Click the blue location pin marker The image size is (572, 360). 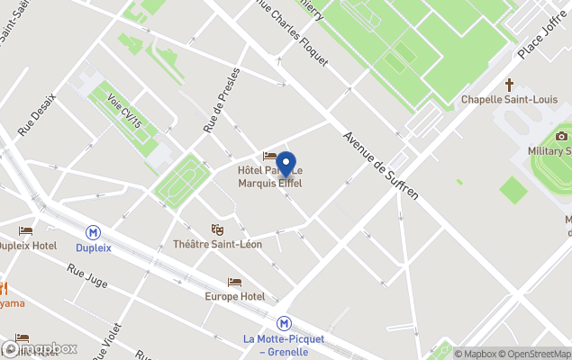tap(286, 165)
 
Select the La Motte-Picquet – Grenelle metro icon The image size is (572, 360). tap(283, 323)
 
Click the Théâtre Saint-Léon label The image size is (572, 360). tap(216, 245)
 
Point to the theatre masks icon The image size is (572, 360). tap(216, 230)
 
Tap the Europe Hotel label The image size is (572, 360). tap(234, 296)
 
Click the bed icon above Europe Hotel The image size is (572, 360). tap(234, 283)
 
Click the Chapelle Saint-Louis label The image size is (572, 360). tap(509, 99)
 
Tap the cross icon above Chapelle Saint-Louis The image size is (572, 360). tap(509, 85)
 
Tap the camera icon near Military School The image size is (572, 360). tap(562, 136)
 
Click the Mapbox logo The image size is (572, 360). tap(41, 348)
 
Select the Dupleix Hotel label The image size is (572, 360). tap(27, 246)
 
